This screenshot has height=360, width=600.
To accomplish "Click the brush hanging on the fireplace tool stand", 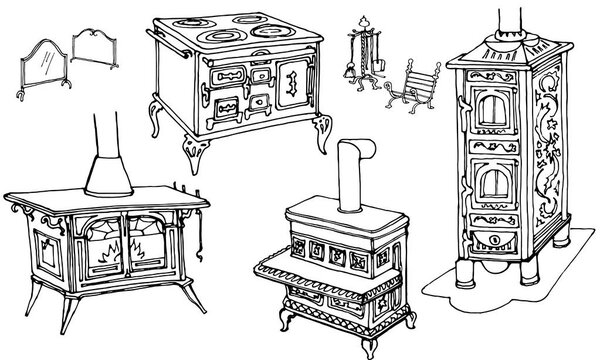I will click(x=378, y=66).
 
